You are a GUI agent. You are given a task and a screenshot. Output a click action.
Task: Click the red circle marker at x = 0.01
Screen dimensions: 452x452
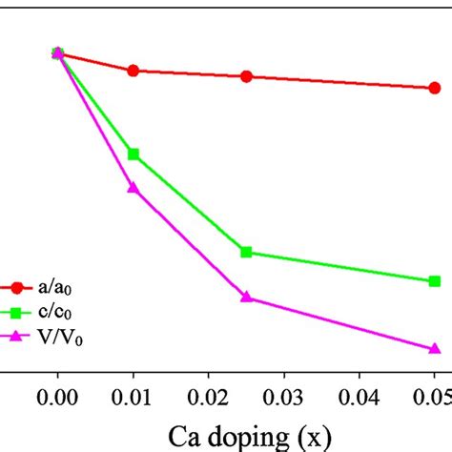(x=134, y=71)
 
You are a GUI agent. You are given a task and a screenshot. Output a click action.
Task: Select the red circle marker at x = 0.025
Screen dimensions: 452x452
(x=246, y=76)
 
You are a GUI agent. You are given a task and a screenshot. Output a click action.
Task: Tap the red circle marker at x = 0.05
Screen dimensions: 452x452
(x=434, y=88)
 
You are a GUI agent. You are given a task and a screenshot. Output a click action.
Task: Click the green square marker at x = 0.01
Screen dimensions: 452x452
(x=134, y=154)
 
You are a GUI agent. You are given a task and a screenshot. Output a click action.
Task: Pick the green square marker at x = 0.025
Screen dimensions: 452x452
(x=246, y=252)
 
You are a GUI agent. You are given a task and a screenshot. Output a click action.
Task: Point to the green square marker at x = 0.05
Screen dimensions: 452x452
(x=434, y=281)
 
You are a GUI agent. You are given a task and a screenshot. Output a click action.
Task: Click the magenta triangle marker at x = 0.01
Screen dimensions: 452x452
(x=134, y=188)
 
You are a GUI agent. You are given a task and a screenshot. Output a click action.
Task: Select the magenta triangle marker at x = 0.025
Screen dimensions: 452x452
(x=246, y=298)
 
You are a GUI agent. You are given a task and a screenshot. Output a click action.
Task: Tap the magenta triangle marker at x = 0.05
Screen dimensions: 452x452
(x=434, y=348)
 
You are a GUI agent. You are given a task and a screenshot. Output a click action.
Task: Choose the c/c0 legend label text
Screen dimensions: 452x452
(x=53, y=312)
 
